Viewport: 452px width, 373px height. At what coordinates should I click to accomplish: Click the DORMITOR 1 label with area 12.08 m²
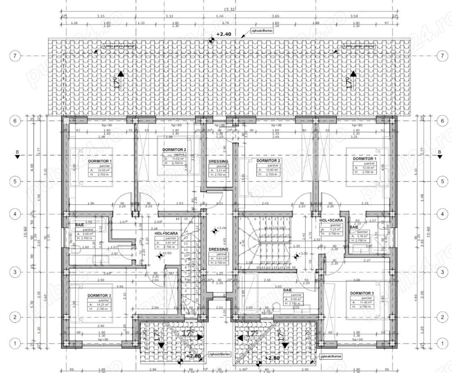pos(100,160)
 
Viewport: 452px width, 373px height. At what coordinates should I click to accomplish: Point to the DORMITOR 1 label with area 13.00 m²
pos(364,158)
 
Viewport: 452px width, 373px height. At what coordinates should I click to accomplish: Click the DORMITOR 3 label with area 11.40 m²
pos(362,293)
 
